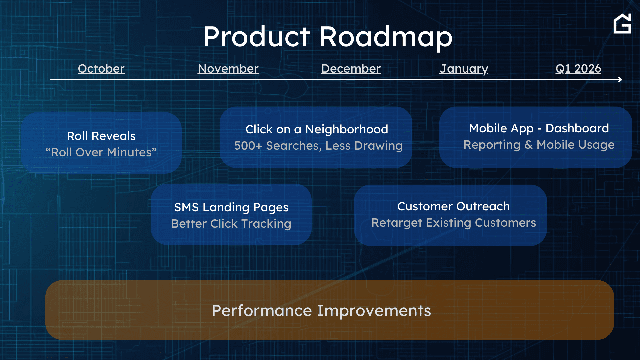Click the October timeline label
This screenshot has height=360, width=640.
(x=101, y=69)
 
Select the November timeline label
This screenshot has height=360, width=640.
(x=228, y=69)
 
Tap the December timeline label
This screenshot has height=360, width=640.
(x=351, y=69)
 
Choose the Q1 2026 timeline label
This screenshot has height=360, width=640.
(x=578, y=69)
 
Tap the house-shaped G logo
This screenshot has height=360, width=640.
(x=622, y=24)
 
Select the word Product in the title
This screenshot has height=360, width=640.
(x=257, y=37)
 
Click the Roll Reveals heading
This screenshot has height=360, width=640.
(x=101, y=136)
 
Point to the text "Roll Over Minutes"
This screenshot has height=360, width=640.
(x=101, y=152)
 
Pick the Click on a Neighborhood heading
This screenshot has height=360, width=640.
(x=317, y=129)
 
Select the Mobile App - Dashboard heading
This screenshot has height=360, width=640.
(x=539, y=129)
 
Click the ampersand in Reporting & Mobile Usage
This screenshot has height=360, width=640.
(x=528, y=145)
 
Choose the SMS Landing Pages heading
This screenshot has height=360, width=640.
(x=231, y=208)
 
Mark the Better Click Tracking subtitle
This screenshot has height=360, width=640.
(x=231, y=224)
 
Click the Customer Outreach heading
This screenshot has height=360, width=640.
(x=453, y=206)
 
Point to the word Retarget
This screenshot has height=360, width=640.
(x=397, y=223)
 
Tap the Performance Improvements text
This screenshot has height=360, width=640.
(x=321, y=311)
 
